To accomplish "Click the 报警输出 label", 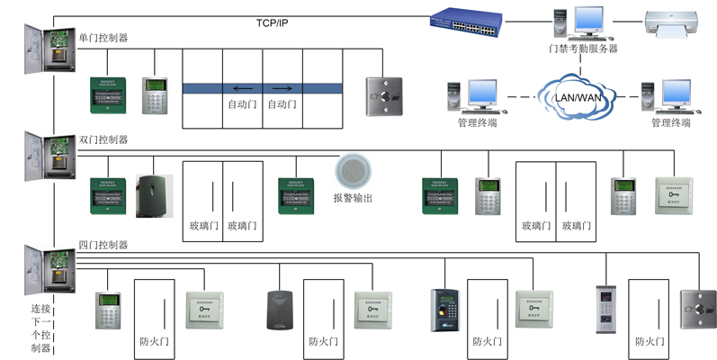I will (353, 198).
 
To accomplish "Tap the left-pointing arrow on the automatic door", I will (242, 88).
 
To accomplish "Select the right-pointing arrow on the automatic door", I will (282, 88).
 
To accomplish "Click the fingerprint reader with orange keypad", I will (445, 310).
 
